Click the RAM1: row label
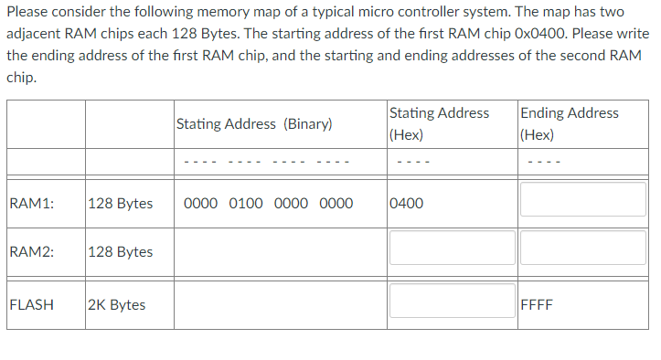(30, 203)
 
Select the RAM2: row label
(30, 251)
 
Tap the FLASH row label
(31, 304)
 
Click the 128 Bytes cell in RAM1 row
(121, 203)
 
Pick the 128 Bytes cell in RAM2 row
(121, 251)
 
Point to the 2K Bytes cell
(117, 304)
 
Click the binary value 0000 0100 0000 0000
(268, 203)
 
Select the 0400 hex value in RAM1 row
(406, 203)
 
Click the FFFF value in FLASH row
(536, 304)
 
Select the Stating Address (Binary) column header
(253, 123)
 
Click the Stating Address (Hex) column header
(439, 123)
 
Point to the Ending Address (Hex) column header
(569, 123)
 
